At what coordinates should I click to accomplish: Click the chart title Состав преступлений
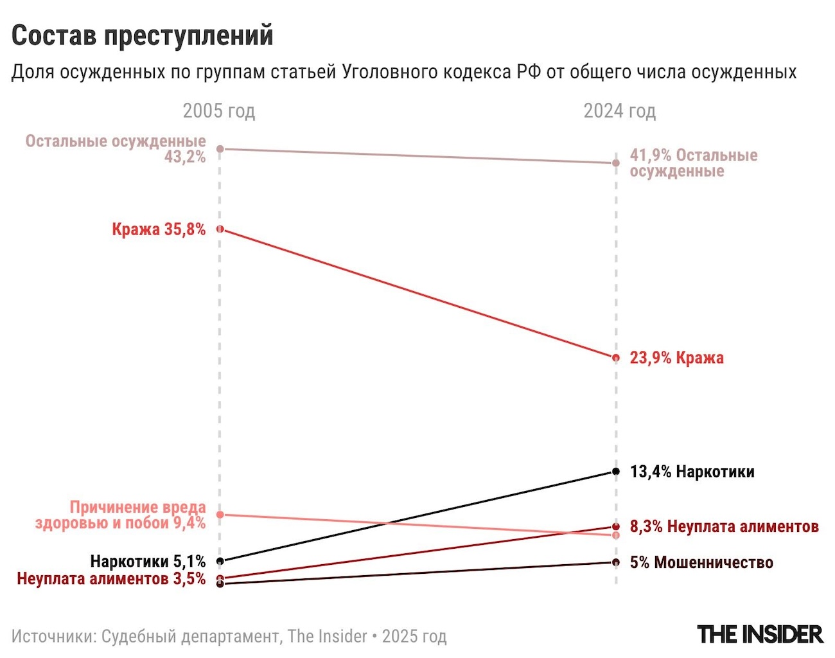point(142,36)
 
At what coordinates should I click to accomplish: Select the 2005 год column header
point(219,111)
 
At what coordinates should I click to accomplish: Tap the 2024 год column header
point(619,111)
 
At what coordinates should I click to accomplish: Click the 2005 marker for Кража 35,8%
point(220,229)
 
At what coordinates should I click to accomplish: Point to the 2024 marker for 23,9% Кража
point(616,358)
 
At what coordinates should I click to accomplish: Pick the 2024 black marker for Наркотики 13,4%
point(616,472)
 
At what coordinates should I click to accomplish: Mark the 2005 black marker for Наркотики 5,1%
point(220,561)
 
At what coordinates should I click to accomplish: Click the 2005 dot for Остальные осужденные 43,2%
point(220,149)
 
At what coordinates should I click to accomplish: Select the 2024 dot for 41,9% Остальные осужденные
point(616,163)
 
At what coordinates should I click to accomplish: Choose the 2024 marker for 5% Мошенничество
point(616,563)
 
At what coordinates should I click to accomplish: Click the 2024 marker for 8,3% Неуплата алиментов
point(616,526)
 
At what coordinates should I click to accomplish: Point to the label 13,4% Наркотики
point(692,472)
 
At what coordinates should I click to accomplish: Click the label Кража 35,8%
point(159,229)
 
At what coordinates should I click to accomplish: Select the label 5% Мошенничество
point(701,563)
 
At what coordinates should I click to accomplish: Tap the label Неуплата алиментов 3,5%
point(111,579)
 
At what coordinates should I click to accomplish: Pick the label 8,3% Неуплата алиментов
point(724,527)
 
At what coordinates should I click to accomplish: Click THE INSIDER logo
point(760,635)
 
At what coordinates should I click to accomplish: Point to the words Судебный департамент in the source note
point(191,637)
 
